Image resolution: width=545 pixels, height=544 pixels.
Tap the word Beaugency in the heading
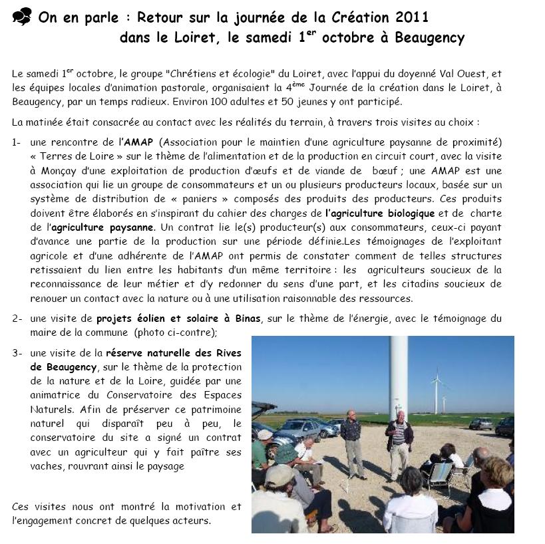[x=429, y=38]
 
